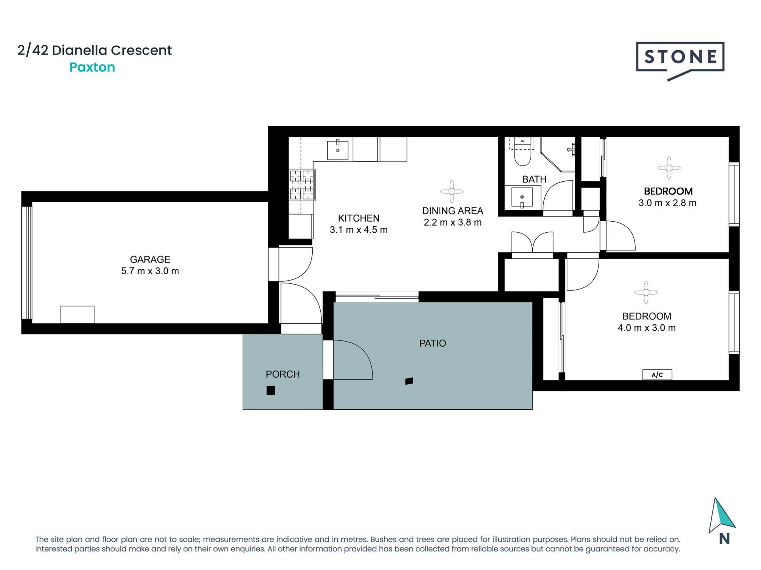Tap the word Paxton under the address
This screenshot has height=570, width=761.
pyautogui.click(x=92, y=67)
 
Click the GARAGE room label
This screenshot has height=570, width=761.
pyautogui.click(x=150, y=259)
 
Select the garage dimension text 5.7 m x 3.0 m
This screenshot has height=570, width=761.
pyautogui.click(x=150, y=271)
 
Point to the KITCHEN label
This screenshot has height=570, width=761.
pyautogui.click(x=359, y=218)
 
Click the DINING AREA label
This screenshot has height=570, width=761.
pyautogui.click(x=453, y=211)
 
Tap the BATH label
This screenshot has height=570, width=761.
pyautogui.click(x=534, y=179)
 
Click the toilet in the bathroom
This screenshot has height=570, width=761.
pyautogui.click(x=522, y=152)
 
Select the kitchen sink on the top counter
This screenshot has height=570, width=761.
pyautogui.click(x=338, y=150)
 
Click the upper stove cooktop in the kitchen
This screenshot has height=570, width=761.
pyautogui.click(x=302, y=176)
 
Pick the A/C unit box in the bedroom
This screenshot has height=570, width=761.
pyautogui.click(x=657, y=374)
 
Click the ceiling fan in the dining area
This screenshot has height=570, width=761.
pyautogui.click(x=452, y=192)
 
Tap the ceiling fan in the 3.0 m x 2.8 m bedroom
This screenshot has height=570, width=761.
pyautogui.click(x=669, y=168)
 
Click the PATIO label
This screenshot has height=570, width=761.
pyautogui.click(x=433, y=343)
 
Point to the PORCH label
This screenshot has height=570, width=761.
pyautogui.click(x=283, y=374)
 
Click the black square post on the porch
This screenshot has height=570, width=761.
pyautogui.click(x=271, y=391)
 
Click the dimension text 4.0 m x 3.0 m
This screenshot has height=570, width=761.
pyautogui.click(x=647, y=328)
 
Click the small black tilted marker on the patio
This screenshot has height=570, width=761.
pyautogui.click(x=409, y=381)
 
